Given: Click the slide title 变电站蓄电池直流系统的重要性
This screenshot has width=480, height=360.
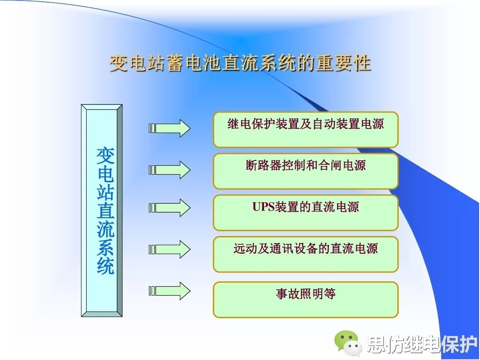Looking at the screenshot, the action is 240,64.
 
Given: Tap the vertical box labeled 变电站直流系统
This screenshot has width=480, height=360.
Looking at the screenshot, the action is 102,211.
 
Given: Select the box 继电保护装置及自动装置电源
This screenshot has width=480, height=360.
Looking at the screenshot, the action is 305,130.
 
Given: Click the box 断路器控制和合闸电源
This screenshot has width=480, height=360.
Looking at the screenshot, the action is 305,171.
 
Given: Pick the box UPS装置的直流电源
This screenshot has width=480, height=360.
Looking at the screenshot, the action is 305,213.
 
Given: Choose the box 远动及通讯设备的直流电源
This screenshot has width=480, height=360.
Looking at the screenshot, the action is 305,254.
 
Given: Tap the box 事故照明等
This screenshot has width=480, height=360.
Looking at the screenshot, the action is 305,300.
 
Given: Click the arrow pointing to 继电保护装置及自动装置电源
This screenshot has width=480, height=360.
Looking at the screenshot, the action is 169,128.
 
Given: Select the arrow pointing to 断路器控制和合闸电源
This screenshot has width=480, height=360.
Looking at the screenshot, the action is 169,170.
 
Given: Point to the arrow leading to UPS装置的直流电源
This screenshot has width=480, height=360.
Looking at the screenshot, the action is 169,208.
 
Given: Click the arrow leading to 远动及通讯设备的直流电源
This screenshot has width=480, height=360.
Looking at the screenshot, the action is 169,249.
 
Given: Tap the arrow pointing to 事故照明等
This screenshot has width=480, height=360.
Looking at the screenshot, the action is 169,291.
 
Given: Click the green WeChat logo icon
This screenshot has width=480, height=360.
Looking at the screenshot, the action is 348,343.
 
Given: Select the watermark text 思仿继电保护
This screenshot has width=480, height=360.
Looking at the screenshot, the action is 422,344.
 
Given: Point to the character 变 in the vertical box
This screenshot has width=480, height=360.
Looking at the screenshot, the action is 105,156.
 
